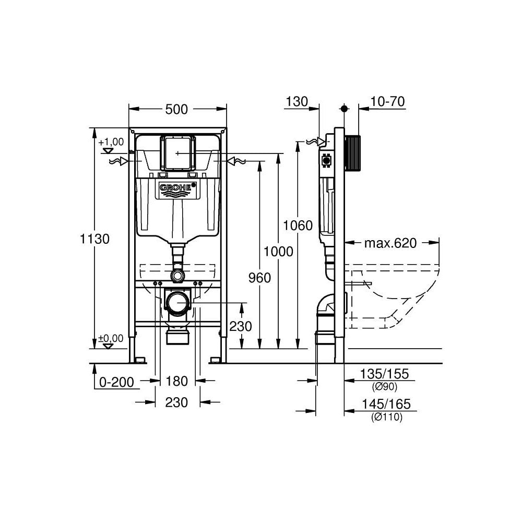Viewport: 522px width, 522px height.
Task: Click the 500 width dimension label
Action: [x=177, y=110]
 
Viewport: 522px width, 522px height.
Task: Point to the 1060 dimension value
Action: [x=298, y=226]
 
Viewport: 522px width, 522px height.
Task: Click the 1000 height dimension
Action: [x=278, y=251]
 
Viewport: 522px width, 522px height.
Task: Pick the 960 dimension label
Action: [x=259, y=278]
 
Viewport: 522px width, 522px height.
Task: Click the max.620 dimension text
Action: [x=390, y=243]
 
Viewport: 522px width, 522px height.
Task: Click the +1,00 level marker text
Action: [x=111, y=142]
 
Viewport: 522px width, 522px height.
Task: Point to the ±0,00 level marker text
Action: [x=111, y=338]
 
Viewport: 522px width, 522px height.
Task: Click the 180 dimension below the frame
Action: [x=176, y=382]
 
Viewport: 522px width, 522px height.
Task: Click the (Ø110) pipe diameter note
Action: [x=387, y=417]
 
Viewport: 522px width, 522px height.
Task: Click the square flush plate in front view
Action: [x=177, y=152]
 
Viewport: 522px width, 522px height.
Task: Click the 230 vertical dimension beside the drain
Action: [x=241, y=326]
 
